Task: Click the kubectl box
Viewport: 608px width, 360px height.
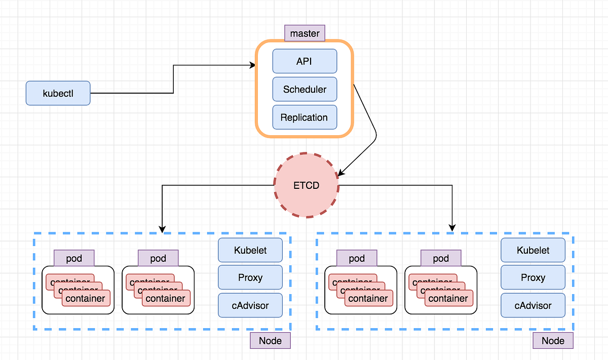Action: (x=58, y=93)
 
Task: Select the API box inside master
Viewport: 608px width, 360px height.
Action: (x=305, y=61)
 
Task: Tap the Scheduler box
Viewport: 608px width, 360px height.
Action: (x=305, y=90)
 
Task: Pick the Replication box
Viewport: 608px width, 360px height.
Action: (x=305, y=117)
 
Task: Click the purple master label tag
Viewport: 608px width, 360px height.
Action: (x=305, y=34)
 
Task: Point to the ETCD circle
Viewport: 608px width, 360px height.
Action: (x=307, y=185)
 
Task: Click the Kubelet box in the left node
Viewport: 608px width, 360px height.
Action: (x=250, y=250)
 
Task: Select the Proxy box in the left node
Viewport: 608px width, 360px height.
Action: (x=250, y=277)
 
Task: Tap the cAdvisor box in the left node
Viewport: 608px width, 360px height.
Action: (x=250, y=305)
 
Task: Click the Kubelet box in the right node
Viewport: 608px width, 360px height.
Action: (x=533, y=250)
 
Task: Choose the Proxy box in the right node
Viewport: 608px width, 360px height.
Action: (x=533, y=277)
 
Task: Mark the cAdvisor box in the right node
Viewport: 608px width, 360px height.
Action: (x=533, y=305)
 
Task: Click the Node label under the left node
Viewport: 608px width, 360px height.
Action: (x=270, y=340)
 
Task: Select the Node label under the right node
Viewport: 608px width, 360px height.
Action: (x=553, y=340)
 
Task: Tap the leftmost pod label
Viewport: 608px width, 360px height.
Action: (x=74, y=258)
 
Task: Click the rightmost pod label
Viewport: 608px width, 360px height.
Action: (x=441, y=258)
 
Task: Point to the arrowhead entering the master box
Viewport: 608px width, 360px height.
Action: (x=252, y=65)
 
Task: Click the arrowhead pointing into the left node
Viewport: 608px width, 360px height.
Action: (x=162, y=229)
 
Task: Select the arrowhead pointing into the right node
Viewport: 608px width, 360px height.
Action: (x=452, y=229)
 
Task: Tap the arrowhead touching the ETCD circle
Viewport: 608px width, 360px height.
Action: (x=341, y=173)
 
